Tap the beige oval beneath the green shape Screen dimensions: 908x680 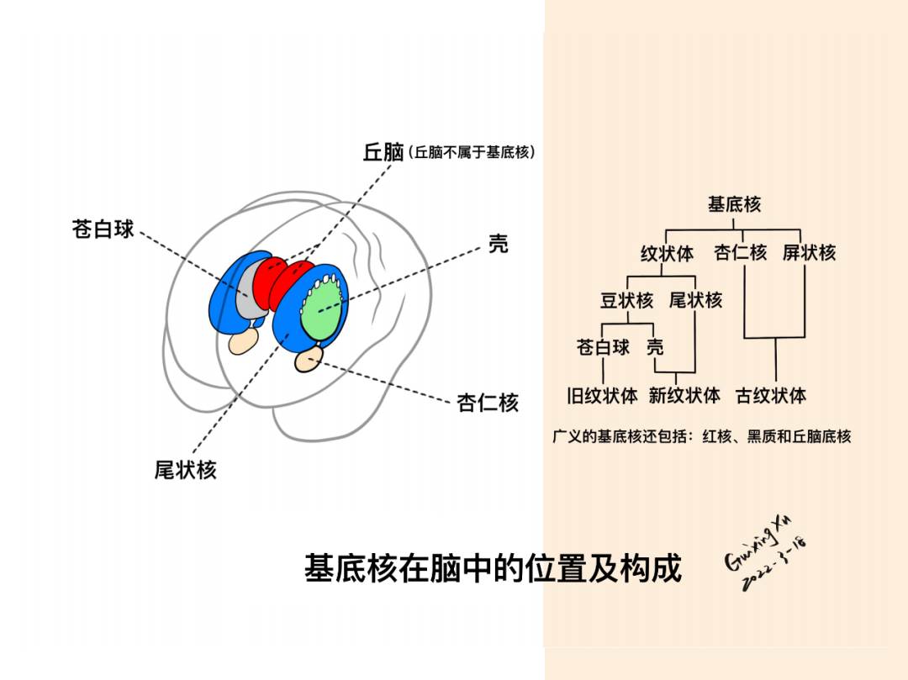click(309, 360)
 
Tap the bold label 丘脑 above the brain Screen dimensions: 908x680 click(383, 152)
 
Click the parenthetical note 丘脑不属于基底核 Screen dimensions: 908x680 click(472, 153)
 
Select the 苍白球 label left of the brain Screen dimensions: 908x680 click(103, 229)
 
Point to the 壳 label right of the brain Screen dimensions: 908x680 click(498, 245)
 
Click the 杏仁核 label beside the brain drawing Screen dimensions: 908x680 click(488, 403)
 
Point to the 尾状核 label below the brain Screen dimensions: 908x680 click(185, 470)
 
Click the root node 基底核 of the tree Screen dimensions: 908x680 click(734, 204)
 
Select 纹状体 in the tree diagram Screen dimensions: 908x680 click(667, 253)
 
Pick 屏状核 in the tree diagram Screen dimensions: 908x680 click(809, 252)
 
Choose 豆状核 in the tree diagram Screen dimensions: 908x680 click(626, 300)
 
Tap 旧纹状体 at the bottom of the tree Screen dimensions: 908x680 click(602, 395)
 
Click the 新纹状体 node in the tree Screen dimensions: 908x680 click(684, 395)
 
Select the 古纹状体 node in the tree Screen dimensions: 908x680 click(771, 395)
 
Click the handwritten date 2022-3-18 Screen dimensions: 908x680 click(774, 568)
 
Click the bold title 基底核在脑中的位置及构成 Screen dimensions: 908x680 click(493, 569)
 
